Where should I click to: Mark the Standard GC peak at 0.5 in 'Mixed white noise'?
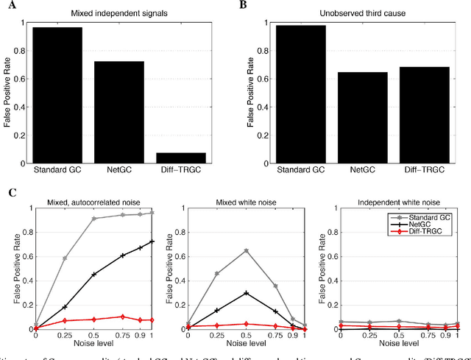245,250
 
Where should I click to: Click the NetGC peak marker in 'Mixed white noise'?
245,292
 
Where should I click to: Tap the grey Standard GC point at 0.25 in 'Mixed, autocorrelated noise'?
65,258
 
